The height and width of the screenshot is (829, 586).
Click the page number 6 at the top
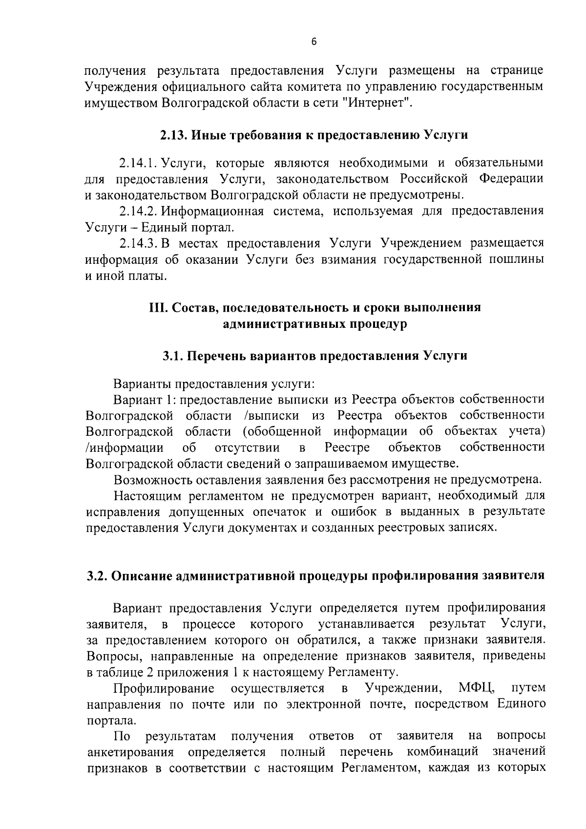[314, 43]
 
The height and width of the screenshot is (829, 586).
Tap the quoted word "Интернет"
[378, 103]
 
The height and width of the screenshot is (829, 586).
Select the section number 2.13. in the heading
[174, 135]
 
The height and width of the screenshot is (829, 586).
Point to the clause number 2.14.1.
[139, 163]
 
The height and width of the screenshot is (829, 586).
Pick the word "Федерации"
[511, 179]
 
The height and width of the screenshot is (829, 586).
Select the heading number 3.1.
[172, 356]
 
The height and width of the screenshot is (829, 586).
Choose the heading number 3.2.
[96, 576]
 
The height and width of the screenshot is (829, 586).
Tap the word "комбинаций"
[442, 751]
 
